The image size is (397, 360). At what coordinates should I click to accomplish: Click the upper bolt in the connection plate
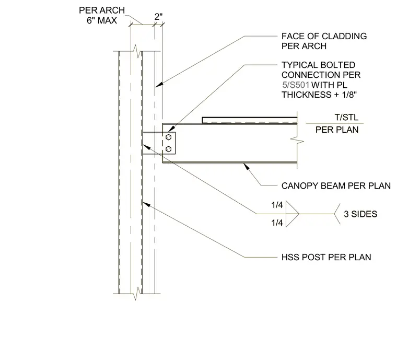168,137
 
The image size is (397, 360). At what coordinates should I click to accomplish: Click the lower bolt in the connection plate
168,149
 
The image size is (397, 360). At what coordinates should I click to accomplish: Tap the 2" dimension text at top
158,17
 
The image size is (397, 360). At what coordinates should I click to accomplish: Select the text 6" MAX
102,20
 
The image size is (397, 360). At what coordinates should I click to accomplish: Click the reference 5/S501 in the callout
296,85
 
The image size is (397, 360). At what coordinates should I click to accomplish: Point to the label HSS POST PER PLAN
326,257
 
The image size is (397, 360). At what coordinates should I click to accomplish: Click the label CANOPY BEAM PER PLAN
336,186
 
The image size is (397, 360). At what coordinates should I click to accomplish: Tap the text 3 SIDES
360,214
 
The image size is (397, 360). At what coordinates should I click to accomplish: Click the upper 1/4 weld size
277,205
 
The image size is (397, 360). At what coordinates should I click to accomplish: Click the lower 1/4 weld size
277,223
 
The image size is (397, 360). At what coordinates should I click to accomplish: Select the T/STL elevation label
346,118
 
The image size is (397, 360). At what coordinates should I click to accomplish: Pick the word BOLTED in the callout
338,65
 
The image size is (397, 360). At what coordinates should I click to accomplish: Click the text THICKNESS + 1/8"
319,95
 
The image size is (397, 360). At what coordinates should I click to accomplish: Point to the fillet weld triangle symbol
293,214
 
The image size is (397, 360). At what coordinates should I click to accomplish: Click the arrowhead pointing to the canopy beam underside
246,166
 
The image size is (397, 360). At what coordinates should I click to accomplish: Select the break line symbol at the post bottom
136,294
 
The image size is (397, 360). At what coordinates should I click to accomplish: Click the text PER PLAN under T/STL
337,130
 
